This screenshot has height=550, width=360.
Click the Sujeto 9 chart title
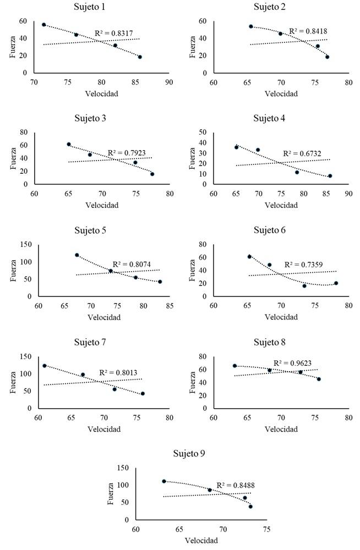click(x=189, y=454)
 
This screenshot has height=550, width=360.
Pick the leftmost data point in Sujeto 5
click(x=77, y=255)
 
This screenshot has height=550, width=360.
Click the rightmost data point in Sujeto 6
click(x=336, y=283)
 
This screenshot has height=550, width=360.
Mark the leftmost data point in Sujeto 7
click(x=45, y=366)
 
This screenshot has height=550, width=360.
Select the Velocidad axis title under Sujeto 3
click(x=102, y=205)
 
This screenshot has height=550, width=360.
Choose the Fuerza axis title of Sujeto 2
click(x=193, y=47)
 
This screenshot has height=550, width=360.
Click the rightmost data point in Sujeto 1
click(x=140, y=57)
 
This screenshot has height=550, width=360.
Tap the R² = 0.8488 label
click(x=236, y=486)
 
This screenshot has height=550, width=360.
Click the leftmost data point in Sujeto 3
click(x=69, y=144)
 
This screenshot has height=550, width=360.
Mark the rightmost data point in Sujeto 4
click(x=330, y=176)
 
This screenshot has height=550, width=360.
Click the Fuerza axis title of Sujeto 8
click(x=193, y=382)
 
